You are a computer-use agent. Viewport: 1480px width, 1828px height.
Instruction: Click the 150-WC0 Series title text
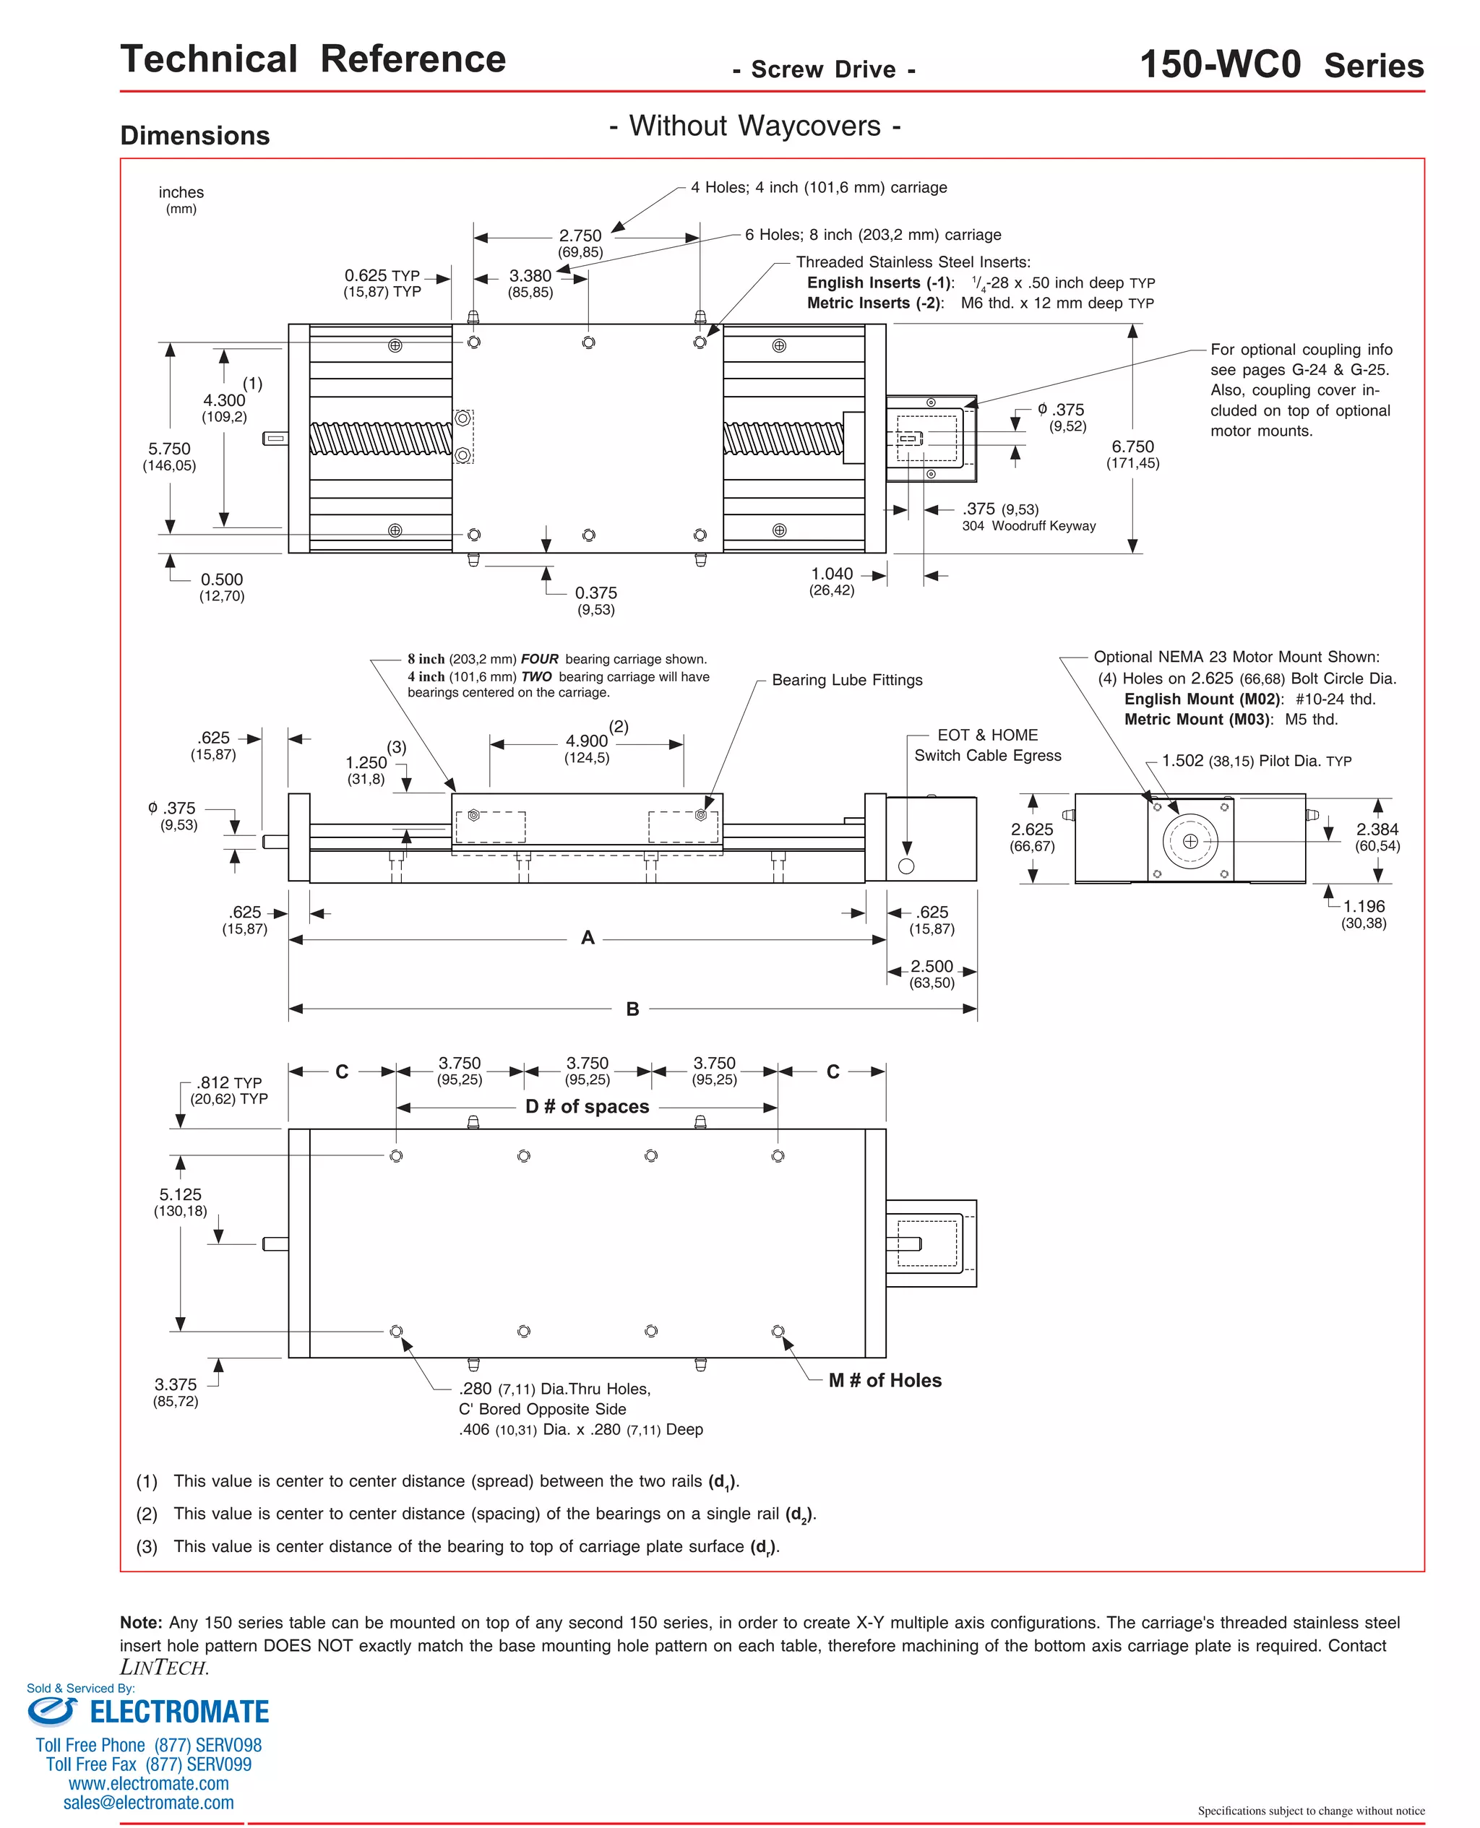click(1281, 65)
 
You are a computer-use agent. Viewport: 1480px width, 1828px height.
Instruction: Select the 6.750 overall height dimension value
click(1132, 447)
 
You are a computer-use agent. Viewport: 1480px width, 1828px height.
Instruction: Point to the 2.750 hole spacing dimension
click(580, 236)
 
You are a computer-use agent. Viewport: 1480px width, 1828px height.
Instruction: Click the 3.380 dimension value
click(530, 275)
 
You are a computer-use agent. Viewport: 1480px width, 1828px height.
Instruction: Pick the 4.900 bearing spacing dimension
click(587, 741)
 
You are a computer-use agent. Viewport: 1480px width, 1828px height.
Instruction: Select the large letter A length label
click(587, 937)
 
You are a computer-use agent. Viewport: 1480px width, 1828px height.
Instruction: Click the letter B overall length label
click(632, 1009)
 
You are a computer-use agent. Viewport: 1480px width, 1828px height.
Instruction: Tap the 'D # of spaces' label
click(587, 1106)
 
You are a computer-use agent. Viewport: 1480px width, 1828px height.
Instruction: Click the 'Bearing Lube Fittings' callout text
click(846, 680)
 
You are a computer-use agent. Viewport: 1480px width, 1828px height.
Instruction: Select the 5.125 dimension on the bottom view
click(180, 1195)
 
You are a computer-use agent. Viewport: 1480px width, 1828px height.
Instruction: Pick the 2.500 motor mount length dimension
click(931, 965)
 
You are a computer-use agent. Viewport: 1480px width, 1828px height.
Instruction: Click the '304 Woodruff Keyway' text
click(1028, 526)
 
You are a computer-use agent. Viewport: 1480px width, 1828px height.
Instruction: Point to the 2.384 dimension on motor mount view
click(1376, 829)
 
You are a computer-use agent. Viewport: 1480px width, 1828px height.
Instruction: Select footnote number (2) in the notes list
click(147, 1514)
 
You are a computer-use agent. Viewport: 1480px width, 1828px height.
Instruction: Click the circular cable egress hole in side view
click(906, 866)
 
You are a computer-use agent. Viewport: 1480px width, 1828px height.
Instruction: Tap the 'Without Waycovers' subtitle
click(754, 126)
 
